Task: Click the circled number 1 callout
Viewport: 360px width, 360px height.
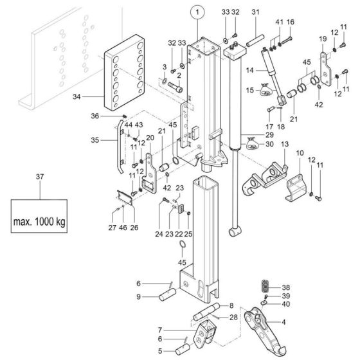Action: coord(197,12)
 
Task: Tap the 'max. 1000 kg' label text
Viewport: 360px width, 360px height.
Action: coord(39,222)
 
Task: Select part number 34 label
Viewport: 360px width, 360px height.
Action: coord(76,97)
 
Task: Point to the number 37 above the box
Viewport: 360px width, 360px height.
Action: coord(40,177)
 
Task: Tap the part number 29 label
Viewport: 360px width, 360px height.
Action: coord(269,134)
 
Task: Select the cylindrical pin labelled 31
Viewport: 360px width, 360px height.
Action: coord(255,40)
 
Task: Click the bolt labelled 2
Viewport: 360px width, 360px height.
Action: coord(175,87)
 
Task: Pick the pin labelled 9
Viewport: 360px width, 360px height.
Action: coord(168,294)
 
